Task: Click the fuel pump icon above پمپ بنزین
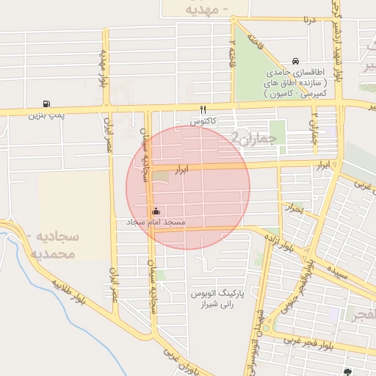pos(48,104)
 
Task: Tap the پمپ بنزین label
pos(48,115)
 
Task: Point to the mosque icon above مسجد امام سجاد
pos(155,211)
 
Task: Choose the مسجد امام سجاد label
pos(156,222)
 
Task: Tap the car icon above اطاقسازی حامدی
pos(295,61)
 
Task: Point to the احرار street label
pos(295,209)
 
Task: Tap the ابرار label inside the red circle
pos(183,170)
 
